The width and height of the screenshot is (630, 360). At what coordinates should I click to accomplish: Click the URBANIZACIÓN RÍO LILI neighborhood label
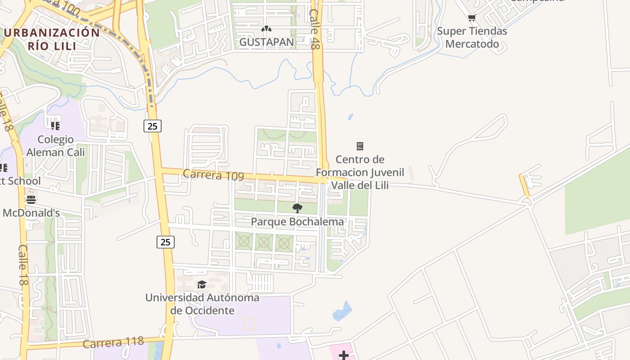pyautogui.click(x=51, y=39)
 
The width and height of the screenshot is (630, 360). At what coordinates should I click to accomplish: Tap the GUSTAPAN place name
pyautogui.click(x=266, y=42)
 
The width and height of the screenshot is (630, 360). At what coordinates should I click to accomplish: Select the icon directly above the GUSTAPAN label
pyautogui.click(x=266, y=29)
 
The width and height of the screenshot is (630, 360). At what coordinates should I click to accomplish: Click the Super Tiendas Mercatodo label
pyautogui.click(x=472, y=37)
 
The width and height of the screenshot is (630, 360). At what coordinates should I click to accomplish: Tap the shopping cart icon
pyautogui.click(x=472, y=18)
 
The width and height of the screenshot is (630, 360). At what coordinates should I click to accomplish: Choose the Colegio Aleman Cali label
pyautogui.click(x=56, y=145)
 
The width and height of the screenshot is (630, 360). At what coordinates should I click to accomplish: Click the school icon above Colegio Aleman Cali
pyautogui.click(x=55, y=126)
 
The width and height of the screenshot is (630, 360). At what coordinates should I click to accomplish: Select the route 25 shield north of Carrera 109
pyautogui.click(x=153, y=126)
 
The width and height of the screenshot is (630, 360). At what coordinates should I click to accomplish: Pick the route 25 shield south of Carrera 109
pyautogui.click(x=166, y=242)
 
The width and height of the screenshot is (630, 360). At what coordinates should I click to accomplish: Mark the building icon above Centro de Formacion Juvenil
pyautogui.click(x=360, y=146)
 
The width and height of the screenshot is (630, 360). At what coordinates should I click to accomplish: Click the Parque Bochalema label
pyautogui.click(x=297, y=222)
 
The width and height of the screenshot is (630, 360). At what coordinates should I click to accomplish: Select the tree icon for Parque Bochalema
pyautogui.click(x=297, y=208)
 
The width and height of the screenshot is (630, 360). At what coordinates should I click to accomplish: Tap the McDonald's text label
pyautogui.click(x=31, y=213)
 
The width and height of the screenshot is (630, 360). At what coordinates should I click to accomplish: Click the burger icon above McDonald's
pyautogui.click(x=31, y=199)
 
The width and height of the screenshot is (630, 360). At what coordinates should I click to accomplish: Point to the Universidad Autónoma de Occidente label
pyautogui.click(x=202, y=304)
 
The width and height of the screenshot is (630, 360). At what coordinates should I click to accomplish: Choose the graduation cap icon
pyautogui.click(x=202, y=284)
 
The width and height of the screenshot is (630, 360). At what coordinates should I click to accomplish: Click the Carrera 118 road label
pyautogui.click(x=113, y=343)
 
